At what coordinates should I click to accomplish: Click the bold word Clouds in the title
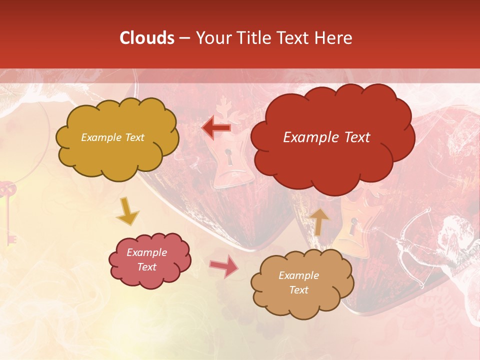[x=147, y=38]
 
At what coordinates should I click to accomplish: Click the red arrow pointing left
[x=217, y=128]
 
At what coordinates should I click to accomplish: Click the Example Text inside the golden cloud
[x=113, y=137]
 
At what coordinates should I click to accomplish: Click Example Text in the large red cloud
[x=326, y=137]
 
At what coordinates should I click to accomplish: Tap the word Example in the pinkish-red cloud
[x=146, y=252]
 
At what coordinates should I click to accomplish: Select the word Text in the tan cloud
[x=298, y=290]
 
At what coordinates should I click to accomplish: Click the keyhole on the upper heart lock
[x=229, y=157]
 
